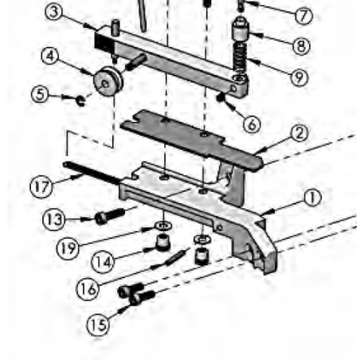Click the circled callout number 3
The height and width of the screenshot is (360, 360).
tap(54, 12)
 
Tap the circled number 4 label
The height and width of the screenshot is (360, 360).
tap(50, 56)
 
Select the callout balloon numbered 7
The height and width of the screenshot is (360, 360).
tap(303, 16)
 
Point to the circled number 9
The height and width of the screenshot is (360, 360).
tap(299, 77)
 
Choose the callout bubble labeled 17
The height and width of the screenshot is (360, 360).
tap(41, 186)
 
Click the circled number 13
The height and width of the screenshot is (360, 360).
tap(54, 219)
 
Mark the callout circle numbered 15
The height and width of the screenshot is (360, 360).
tap(98, 325)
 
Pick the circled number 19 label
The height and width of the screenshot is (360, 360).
tap(68, 248)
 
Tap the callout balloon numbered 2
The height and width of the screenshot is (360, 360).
tap(299, 134)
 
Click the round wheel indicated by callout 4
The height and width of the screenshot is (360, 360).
tap(108, 81)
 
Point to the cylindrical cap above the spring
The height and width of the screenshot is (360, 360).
tap(241, 29)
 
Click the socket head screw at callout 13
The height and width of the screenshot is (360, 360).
tap(110, 217)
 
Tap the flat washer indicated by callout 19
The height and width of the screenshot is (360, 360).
tap(163, 226)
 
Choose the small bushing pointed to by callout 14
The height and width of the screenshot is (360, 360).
tap(163, 242)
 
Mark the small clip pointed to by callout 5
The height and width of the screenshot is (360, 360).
tap(80, 101)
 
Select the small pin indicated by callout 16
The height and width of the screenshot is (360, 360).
tap(175, 257)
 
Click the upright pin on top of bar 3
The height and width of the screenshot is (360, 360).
tap(115, 28)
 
